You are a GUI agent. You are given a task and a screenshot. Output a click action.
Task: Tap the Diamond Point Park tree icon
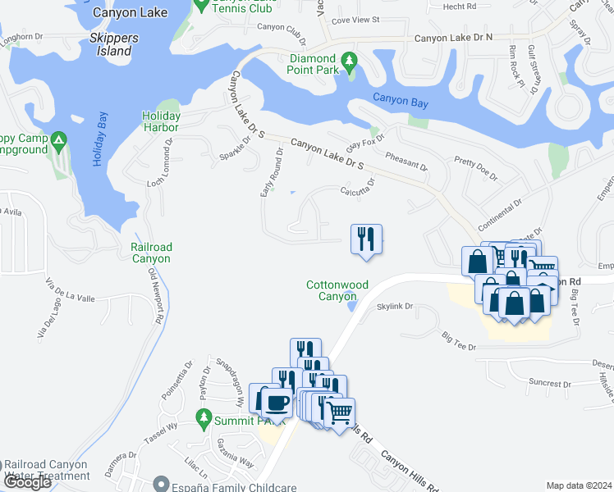pyautogui.click(x=349, y=61)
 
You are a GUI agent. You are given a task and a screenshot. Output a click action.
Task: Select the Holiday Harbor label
pyautogui.click(x=160, y=121)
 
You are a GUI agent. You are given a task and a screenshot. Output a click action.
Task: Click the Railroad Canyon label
pyautogui.click(x=151, y=253)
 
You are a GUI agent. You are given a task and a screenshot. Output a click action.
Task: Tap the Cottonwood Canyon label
pyautogui.click(x=337, y=290)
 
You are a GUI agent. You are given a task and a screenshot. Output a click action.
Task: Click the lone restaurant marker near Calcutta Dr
pyautogui.click(x=366, y=240)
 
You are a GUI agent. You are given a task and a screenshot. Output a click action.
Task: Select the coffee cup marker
pyautogui.click(x=277, y=402)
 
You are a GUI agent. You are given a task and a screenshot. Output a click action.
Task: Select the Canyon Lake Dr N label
pyautogui.click(x=453, y=38)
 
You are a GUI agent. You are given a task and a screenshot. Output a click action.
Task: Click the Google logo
pyautogui.click(x=26, y=482)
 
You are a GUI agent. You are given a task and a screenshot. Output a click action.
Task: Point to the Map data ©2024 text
pyautogui.click(x=578, y=485)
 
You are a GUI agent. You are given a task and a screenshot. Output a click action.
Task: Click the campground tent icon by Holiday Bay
pyautogui.click(x=59, y=140)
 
